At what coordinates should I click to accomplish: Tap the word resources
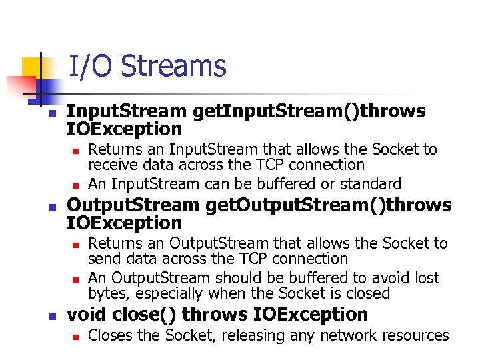pos(414,335)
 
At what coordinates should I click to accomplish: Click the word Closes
pos(109,335)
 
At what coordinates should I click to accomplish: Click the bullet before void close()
pos(53,316)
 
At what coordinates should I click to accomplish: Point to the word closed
pos(367,293)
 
